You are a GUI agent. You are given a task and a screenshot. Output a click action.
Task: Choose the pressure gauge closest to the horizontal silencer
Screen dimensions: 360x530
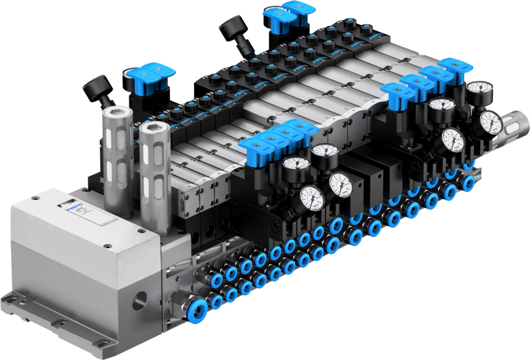coord(490,122)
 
